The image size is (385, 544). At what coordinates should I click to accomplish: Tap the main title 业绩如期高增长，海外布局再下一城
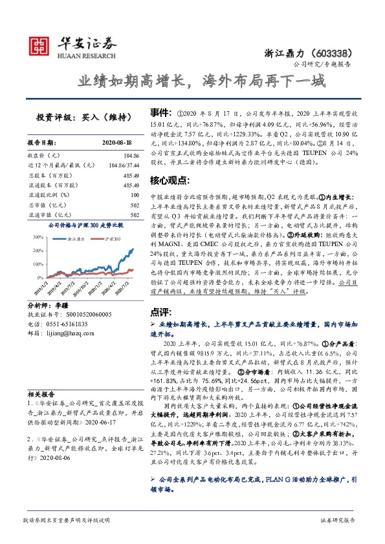[192, 82]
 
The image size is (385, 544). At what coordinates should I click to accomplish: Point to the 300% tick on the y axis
[36, 237]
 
